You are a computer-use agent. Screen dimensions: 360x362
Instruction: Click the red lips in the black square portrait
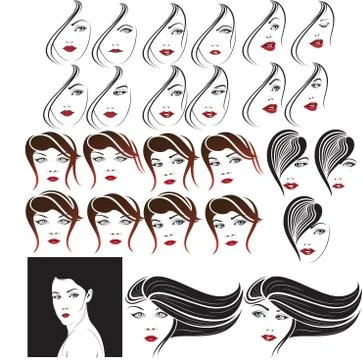tap(65, 316)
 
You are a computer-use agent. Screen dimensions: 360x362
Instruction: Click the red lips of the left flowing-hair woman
tap(151, 338)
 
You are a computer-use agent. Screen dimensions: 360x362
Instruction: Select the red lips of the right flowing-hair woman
tap(267, 338)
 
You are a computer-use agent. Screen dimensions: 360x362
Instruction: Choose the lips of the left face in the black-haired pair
tap(290, 185)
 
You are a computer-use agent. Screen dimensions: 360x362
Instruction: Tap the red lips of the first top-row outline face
tap(70, 47)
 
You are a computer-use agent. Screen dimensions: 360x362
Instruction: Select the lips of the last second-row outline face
tap(311, 105)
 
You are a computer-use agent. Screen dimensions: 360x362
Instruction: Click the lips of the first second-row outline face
tap(66, 112)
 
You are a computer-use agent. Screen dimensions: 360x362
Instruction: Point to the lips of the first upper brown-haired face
tap(53, 179)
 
